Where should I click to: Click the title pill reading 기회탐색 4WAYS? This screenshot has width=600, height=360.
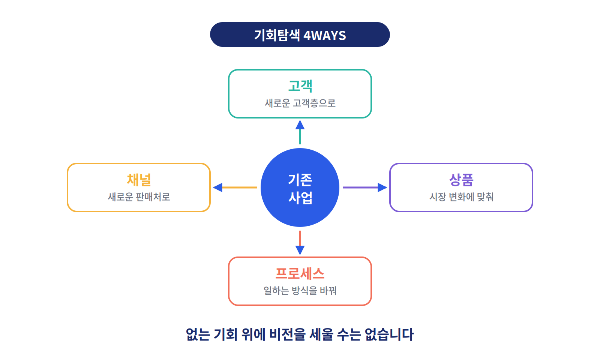tap(300, 34)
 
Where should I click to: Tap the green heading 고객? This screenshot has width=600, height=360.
tap(300, 86)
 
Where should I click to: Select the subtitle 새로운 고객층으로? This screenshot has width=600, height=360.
tap(300, 103)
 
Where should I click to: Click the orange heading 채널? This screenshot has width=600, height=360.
tap(139, 180)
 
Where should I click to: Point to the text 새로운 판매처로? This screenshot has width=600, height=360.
tap(139, 197)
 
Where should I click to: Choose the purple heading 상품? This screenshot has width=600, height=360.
tap(461, 180)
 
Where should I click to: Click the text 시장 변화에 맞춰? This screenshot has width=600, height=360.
tap(461, 197)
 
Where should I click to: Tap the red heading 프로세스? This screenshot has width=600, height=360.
tap(300, 273)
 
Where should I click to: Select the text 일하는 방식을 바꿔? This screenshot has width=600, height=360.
tap(300, 291)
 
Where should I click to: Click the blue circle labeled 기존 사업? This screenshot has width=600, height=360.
tap(300, 187)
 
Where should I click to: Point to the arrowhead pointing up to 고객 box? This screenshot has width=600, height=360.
tap(300, 125)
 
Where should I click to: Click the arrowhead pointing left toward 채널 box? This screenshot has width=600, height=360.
tap(218, 187)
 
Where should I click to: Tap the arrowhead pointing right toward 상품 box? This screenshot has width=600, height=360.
tap(382, 187)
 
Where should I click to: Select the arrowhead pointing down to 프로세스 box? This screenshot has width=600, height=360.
tap(300, 250)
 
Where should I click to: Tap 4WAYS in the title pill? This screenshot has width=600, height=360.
tap(325, 35)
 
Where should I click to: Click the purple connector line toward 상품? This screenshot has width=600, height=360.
tap(360, 187)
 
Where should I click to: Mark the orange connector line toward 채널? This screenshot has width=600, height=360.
tap(240, 187)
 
